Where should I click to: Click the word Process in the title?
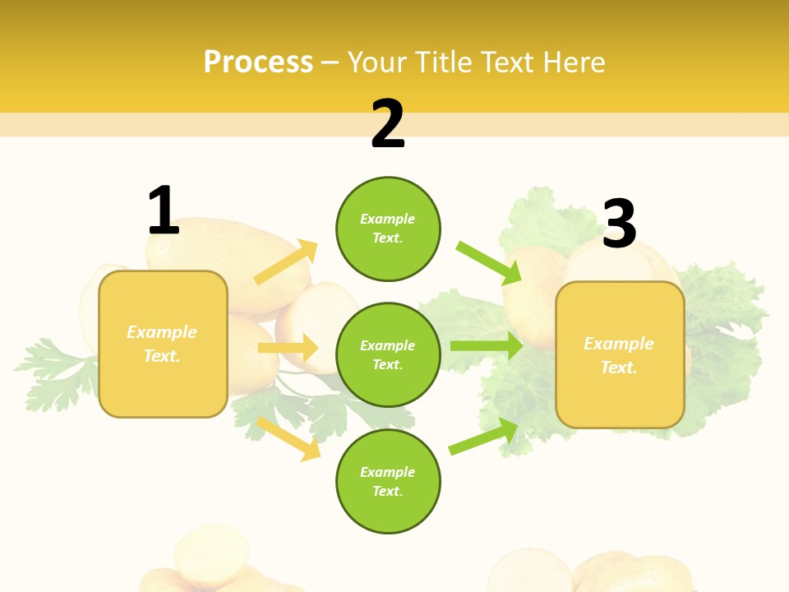pyautogui.click(x=258, y=62)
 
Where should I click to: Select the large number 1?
pyautogui.click(x=163, y=210)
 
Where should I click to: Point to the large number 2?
pyautogui.click(x=388, y=124)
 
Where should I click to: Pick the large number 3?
pyautogui.click(x=619, y=224)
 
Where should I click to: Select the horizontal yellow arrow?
pyautogui.click(x=288, y=348)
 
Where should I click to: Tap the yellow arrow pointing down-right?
pyautogui.click(x=288, y=438)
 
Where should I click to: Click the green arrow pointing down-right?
pyautogui.click(x=488, y=262)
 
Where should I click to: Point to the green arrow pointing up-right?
pyautogui.click(x=483, y=437)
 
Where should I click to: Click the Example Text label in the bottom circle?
pyautogui.click(x=388, y=482)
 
